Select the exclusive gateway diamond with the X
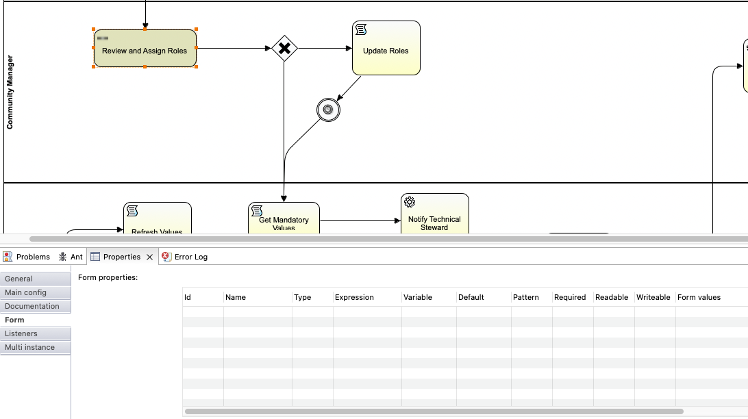[x=284, y=49]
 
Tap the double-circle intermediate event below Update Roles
[x=328, y=110]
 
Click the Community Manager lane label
[x=10, y=92]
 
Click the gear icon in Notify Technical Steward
[x=410, y=202]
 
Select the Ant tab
[x=71, y=257]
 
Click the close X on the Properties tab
[x=149, y=257]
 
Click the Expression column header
[x=354, y=297]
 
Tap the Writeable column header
[x=653, y=297]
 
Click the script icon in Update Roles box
[x=361, y=29]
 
